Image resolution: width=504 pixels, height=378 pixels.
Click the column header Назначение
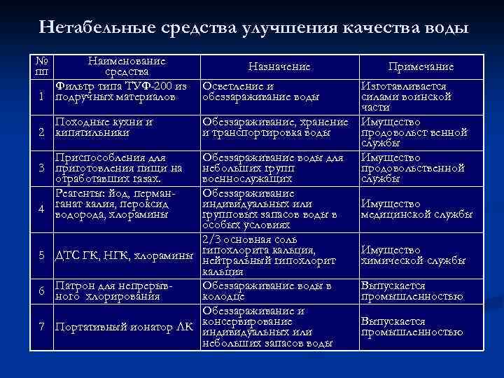279,66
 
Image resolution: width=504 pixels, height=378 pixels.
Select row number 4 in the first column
42,209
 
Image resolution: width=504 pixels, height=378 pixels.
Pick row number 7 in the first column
42,326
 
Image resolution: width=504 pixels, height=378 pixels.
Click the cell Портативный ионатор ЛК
124,327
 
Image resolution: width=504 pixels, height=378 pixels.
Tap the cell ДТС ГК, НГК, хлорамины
124,255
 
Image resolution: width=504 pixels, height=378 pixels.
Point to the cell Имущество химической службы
413,255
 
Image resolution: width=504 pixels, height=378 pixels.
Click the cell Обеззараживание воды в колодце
266,291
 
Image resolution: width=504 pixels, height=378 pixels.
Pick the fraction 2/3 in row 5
214,241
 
